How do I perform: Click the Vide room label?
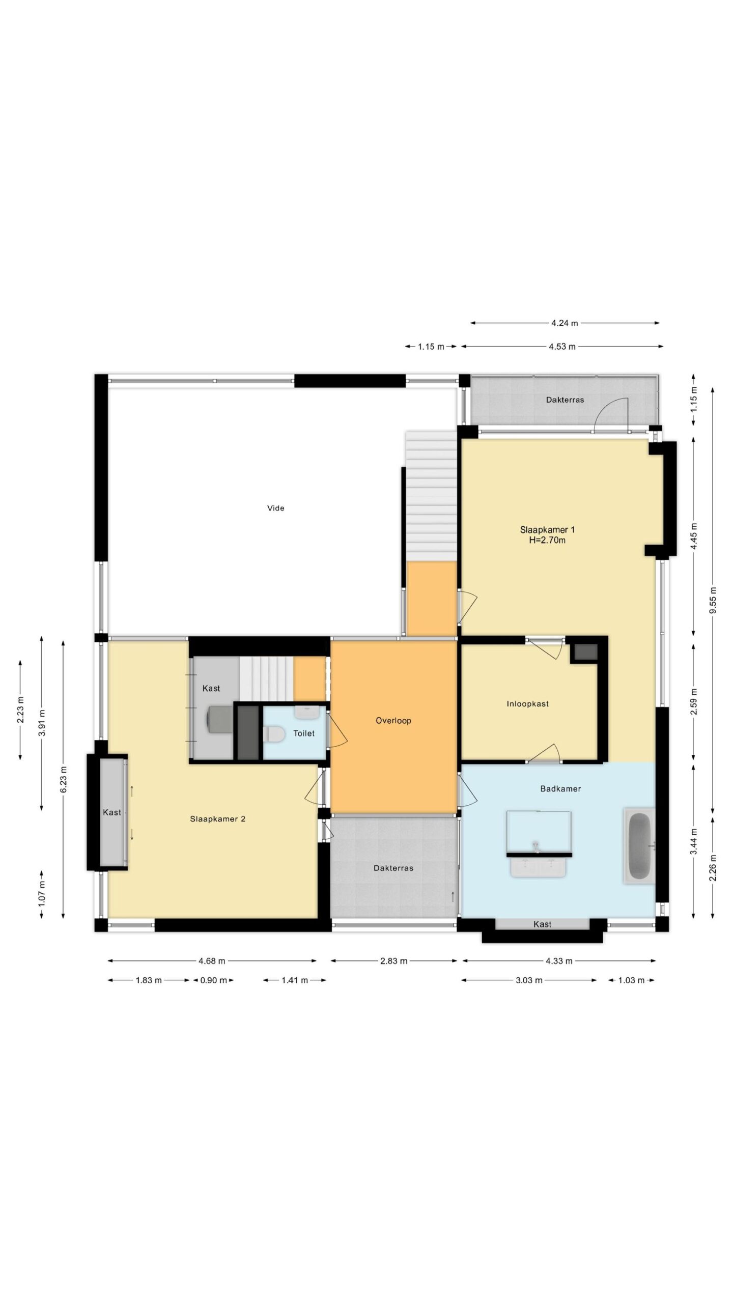pos(275,508)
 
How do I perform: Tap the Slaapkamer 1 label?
pos(547,530)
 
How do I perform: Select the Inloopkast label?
pos(527,704)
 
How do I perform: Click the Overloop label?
pos(393,720)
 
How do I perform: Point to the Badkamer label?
pos(560,788)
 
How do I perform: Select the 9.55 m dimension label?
pos(713,600)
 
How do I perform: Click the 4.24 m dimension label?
pos(565,323)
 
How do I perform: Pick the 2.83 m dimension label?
pos(393,961)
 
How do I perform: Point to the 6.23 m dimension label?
pos(63,779)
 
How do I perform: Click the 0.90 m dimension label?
pos(213,980)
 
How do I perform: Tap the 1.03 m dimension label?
pos(631,980)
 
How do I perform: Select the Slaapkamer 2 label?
pos(218,819)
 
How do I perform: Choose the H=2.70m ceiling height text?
pos(547,540)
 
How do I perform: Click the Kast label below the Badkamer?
pos(542,924)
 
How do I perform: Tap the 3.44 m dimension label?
pos(693,842)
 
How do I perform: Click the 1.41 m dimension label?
pos(295,980)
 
